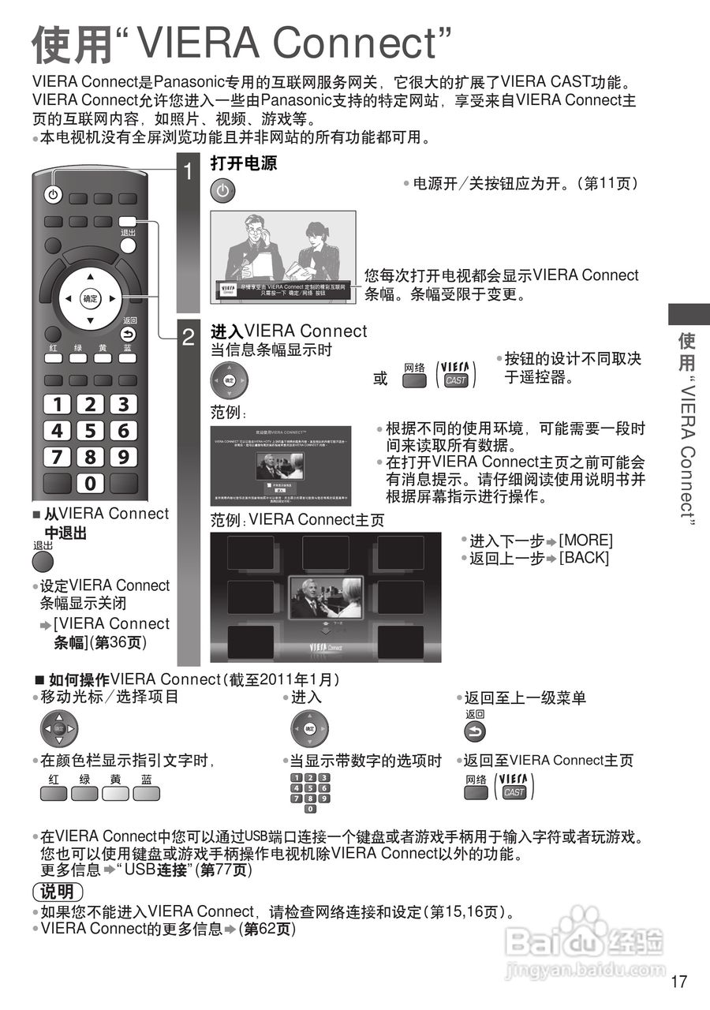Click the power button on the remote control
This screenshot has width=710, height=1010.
coord(53,195)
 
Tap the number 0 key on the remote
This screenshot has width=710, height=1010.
coord(90,483)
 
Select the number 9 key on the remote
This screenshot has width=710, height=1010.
coord(123,457)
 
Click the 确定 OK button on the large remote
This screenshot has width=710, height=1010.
coord(90,298)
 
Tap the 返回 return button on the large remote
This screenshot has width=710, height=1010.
coord(128,334)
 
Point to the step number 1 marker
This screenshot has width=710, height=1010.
coord(188,171)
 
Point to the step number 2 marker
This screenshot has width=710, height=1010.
coord(188,338)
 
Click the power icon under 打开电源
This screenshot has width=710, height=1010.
coord(223,191)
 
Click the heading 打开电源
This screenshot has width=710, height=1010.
coord(244,164)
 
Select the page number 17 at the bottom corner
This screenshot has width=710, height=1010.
coord(679,982)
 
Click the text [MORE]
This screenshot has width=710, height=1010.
coord(585,541)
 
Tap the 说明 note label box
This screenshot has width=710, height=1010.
coord(58,892)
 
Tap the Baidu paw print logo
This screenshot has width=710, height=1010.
coord(585,923)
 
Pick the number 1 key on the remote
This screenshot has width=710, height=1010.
coord(57,405)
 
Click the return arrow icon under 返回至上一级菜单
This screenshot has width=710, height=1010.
coord(475,731)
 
